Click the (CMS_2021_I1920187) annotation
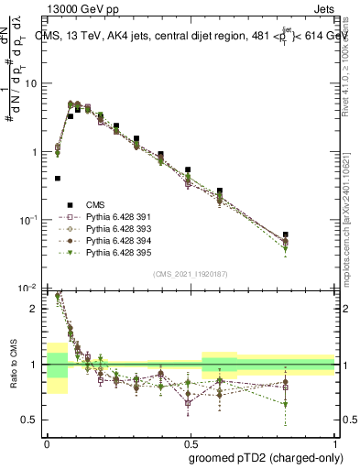(190, 274)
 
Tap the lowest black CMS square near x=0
(58, 179)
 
